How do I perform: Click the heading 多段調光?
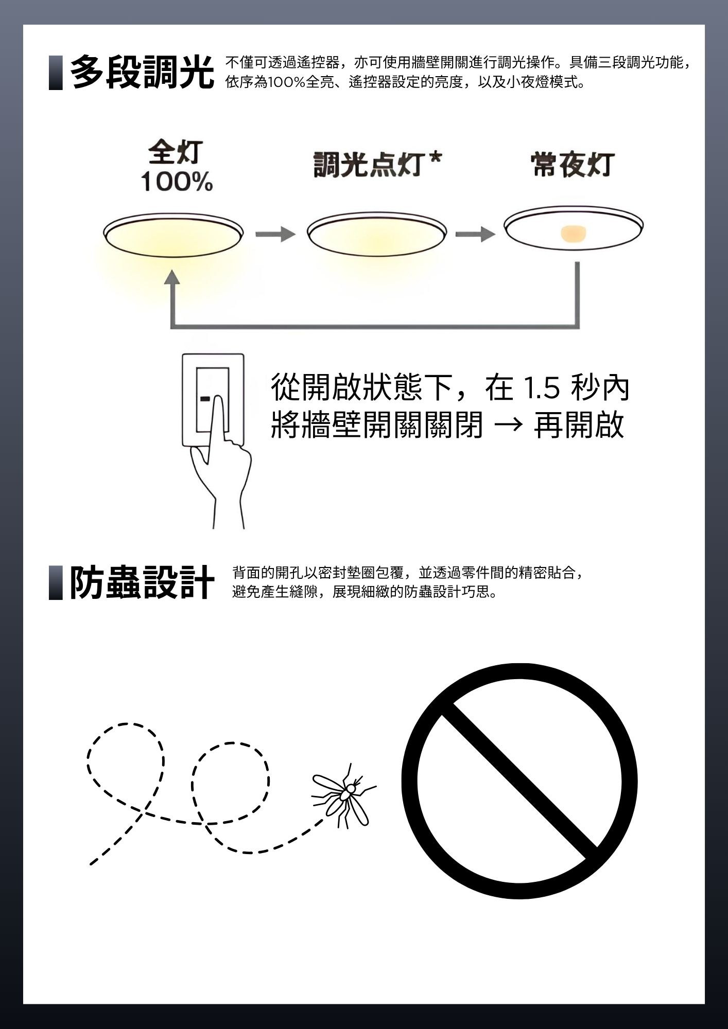142,73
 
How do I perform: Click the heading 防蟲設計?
142,582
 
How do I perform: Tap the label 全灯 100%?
177,167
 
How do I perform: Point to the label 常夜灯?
573,165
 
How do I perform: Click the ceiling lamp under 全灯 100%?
173,234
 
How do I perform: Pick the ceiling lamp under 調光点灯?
377,234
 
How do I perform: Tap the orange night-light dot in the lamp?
574,234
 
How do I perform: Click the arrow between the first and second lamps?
275,235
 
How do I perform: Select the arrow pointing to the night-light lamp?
475,235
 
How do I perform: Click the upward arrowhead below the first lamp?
172,276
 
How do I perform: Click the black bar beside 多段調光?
56,73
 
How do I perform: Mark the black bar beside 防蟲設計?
56,582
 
